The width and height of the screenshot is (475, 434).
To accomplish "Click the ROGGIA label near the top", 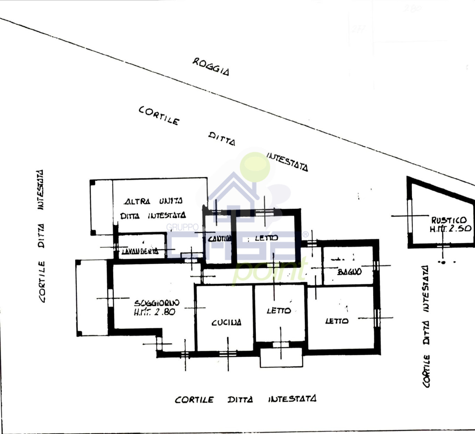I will [211, 66].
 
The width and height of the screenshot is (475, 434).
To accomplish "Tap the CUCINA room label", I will [226, 322].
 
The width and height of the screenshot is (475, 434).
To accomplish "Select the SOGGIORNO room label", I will [156, 303].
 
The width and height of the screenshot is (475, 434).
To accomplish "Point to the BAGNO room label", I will [349, 272].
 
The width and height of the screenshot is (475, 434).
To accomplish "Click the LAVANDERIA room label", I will [140, 251].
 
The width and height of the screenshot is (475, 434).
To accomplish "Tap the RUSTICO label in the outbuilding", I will [449, 220].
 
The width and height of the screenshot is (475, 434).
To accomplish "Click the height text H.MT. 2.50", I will [450, 229].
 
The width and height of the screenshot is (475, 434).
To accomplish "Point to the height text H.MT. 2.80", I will [154, 312].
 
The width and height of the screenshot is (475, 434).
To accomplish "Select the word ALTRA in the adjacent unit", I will [137, 201].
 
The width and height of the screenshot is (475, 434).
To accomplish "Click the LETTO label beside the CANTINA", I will [266, 238].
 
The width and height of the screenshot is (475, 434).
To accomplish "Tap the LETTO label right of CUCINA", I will [279, 311].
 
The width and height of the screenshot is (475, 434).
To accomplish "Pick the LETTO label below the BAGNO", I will [337, 321].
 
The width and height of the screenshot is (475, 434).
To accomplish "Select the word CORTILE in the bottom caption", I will [194, 400].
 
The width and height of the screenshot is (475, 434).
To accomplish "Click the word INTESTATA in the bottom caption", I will [292, 399].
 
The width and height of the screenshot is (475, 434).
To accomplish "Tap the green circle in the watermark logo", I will [255, 167].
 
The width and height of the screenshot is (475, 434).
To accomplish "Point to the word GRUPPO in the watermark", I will [182, 227].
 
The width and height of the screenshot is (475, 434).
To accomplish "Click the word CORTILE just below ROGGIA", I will [159, 115].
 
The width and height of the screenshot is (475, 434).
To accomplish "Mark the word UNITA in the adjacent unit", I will [171, 201].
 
